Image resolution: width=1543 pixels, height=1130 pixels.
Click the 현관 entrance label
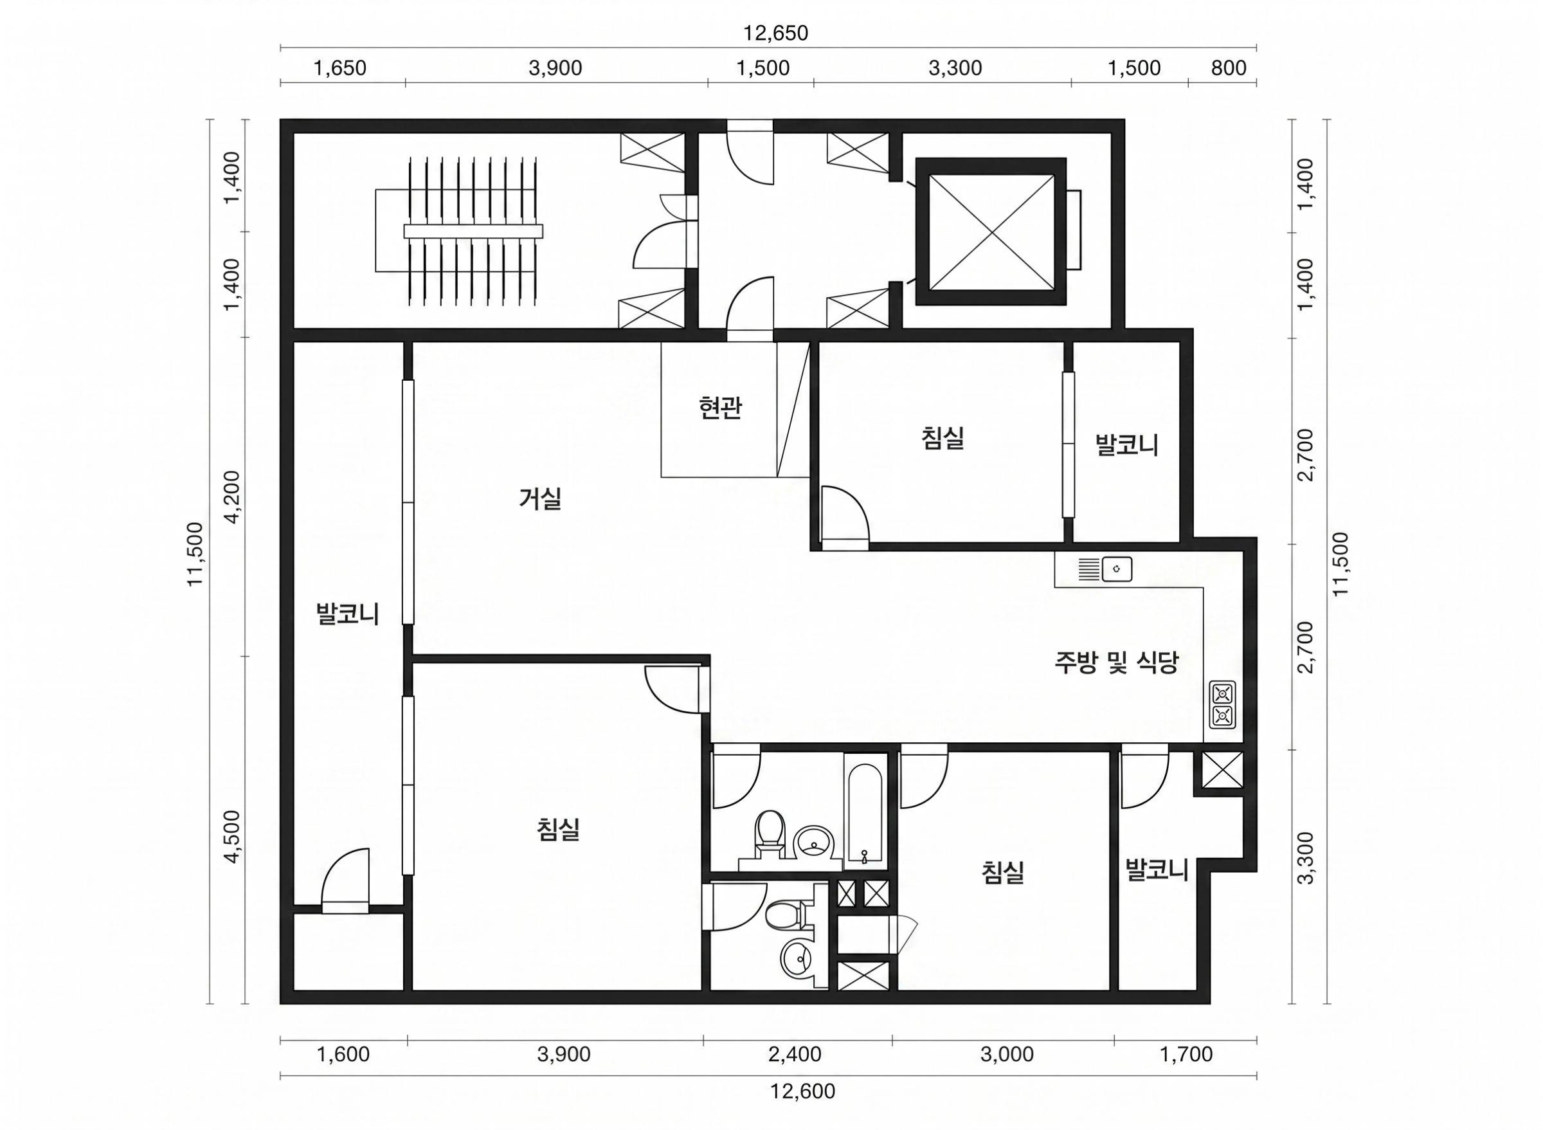click(720, 408)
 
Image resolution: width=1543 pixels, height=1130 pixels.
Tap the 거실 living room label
click(540, 498)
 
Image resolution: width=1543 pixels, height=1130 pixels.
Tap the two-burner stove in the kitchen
click(1222, 704)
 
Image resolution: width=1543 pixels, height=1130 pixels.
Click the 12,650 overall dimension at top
click(775, 33)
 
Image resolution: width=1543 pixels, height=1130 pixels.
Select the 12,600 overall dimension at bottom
click(802, 1091)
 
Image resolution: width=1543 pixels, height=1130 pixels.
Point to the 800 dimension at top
click(1229, 68)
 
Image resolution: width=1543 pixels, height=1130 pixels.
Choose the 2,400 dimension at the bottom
click(795, 1054)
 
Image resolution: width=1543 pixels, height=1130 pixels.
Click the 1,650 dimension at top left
click(339, 68)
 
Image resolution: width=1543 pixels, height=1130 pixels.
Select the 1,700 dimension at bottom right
click(1186, 1054)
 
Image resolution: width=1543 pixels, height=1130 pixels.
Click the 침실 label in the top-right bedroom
click(943, 439)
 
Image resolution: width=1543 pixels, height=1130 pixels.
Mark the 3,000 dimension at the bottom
click(1007, 1054)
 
